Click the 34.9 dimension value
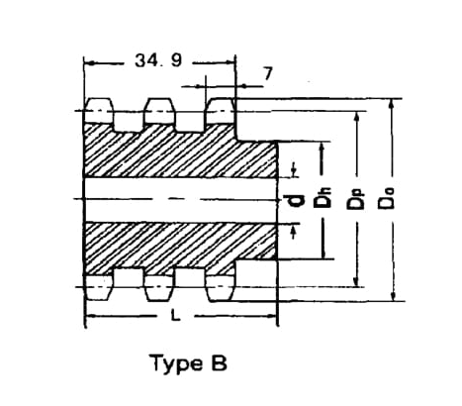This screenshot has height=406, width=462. coord(158,60)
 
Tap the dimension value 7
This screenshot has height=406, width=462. coord(268,73)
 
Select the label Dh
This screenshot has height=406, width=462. coord(323,198)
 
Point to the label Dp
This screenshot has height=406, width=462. coord(355,199)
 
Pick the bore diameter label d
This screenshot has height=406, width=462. coord(295,200)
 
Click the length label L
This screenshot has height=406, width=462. coord(176,317)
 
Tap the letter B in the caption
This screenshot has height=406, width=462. coord(219,362)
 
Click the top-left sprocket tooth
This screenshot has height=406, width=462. coord(99,111)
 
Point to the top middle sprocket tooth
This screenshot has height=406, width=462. coord(159,111)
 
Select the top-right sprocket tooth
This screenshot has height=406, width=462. coord(221,111)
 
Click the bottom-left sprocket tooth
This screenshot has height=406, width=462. coord(98,287)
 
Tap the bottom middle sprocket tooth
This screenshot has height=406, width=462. coord(159,288)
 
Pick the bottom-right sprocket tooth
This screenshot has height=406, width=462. coord(220,288)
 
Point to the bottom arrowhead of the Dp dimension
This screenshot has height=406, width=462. coord(356,280)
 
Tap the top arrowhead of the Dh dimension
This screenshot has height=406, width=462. coord(323,148)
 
